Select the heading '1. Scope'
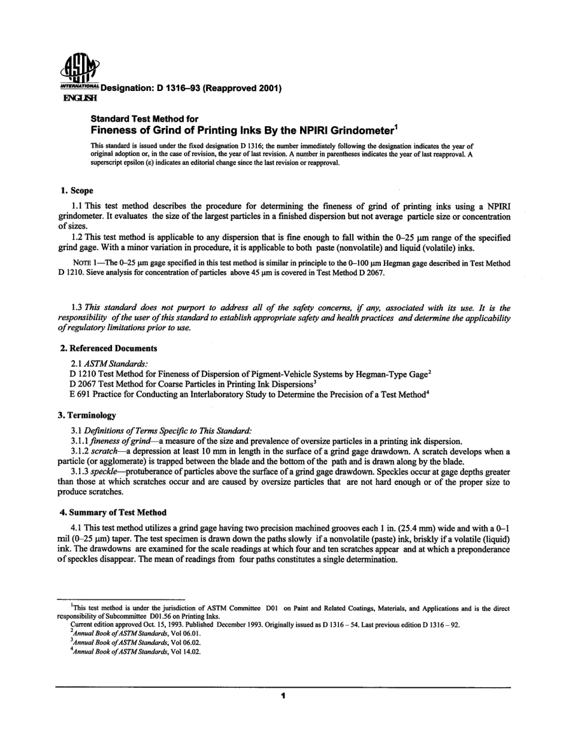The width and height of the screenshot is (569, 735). [x=77, y=191]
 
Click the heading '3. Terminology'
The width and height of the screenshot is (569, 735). [x=87, y=415]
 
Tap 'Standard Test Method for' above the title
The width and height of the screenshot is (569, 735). [x=144, y=119]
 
